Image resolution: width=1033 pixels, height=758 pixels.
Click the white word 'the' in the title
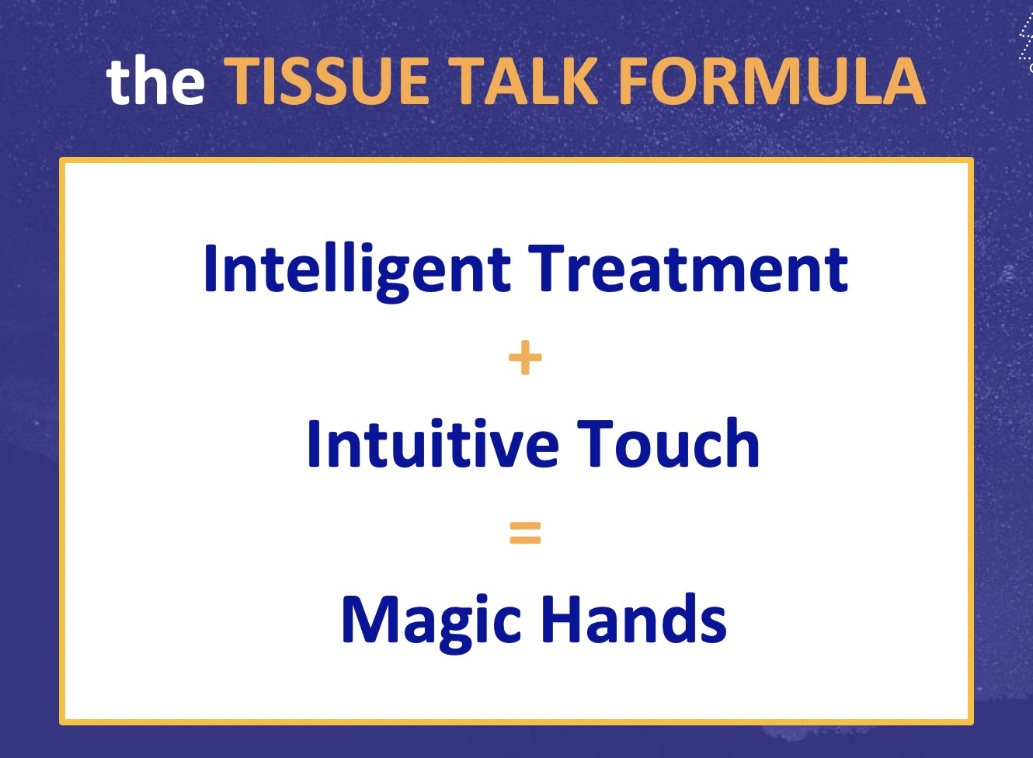click(155, 79)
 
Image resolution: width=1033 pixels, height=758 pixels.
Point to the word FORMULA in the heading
click(771, 81)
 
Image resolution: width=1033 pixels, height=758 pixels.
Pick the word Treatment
click(688, 269)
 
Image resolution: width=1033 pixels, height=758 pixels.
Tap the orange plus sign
click(525, 357)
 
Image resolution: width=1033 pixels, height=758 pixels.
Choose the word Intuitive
click(433, 443)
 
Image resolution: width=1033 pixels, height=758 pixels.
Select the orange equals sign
click(525, 533)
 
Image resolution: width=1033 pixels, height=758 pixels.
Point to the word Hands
click(634, 618)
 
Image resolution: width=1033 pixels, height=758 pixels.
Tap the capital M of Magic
click(370, 619)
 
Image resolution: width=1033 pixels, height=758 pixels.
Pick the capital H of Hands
click(562, 619)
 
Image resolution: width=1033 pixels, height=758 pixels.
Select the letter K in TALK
click(579, 82)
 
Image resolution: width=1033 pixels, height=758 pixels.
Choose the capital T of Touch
click(595, 443)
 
